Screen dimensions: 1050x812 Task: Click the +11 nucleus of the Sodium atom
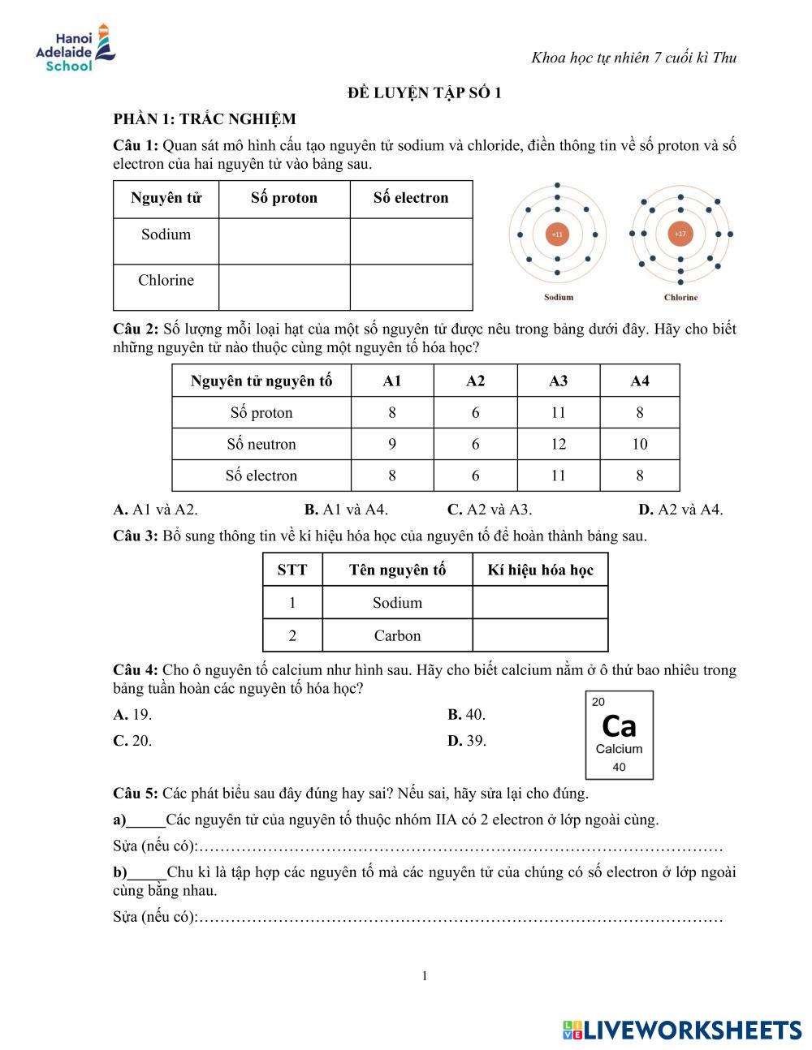(557, 235)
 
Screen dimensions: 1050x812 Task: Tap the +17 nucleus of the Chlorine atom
(680, 235)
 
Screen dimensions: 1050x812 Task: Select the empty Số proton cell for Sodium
(284, 241)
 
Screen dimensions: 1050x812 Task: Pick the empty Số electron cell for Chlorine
(411, 287)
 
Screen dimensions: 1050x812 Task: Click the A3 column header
(558, 381)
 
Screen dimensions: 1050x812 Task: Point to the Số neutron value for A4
(640, 444)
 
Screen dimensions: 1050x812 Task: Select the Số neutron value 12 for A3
(558, 444)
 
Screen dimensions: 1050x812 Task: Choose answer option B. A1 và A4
(346, 510)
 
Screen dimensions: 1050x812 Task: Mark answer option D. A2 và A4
(680, 510)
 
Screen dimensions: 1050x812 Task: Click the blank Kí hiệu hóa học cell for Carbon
(540, 635)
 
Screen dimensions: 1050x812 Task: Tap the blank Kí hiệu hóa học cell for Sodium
(540, 602)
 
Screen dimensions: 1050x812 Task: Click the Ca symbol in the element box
(619, 725)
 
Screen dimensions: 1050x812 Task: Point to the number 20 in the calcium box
(598, 702)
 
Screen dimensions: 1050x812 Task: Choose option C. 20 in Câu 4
(133, 740)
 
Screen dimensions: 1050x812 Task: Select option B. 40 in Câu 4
(467, 714)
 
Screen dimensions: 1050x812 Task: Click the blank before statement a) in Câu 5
(146, 820)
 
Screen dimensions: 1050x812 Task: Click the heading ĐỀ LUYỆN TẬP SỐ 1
(425, 93)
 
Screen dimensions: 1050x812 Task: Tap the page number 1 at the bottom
(425, 975)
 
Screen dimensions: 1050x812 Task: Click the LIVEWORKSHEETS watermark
(682, 1030)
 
